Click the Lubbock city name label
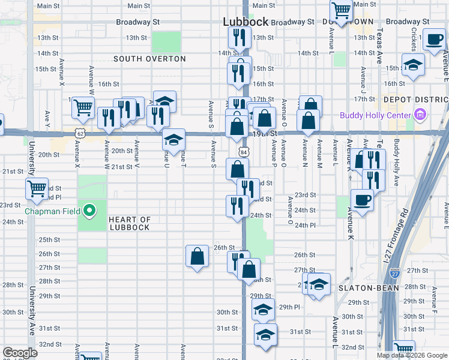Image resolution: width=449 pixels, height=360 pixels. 246,21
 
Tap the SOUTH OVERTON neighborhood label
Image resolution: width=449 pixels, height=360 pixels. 149,59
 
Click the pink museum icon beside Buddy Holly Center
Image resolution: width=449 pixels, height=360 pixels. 420,115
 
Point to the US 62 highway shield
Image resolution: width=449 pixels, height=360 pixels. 80,131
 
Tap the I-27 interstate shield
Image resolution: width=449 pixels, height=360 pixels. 394,274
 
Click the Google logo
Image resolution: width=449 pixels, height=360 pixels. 20,353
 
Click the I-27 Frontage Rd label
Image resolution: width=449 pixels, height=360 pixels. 396,237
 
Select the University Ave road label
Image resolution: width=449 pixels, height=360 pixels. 31,306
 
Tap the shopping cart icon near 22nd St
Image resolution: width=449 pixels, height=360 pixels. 37,189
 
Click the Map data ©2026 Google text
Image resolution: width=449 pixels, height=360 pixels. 412,355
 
